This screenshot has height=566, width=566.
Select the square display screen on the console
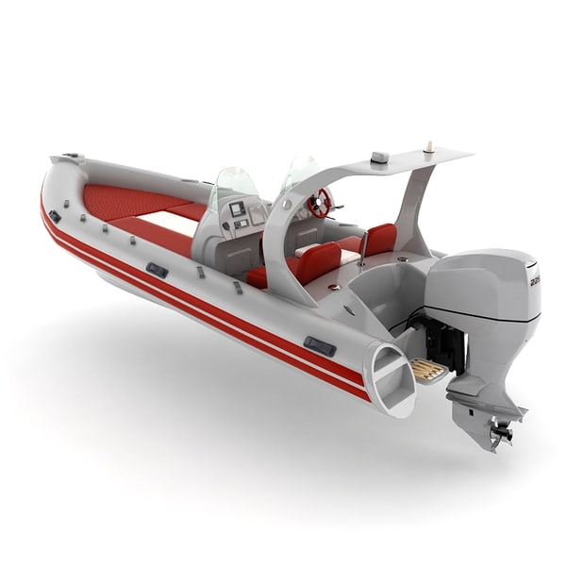(x=237, y=208)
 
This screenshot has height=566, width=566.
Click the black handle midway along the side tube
(x=157, y=270)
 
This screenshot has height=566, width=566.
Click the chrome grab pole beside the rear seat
(x=363, y=246)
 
